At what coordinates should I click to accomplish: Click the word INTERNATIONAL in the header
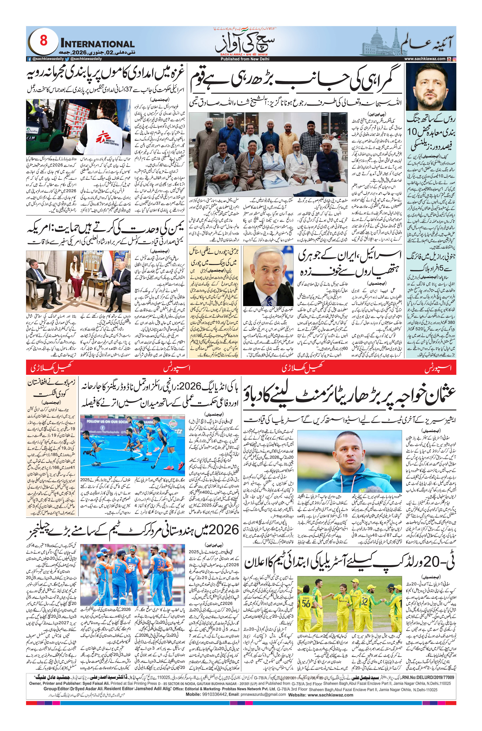97,44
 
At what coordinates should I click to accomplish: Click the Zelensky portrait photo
431,87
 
